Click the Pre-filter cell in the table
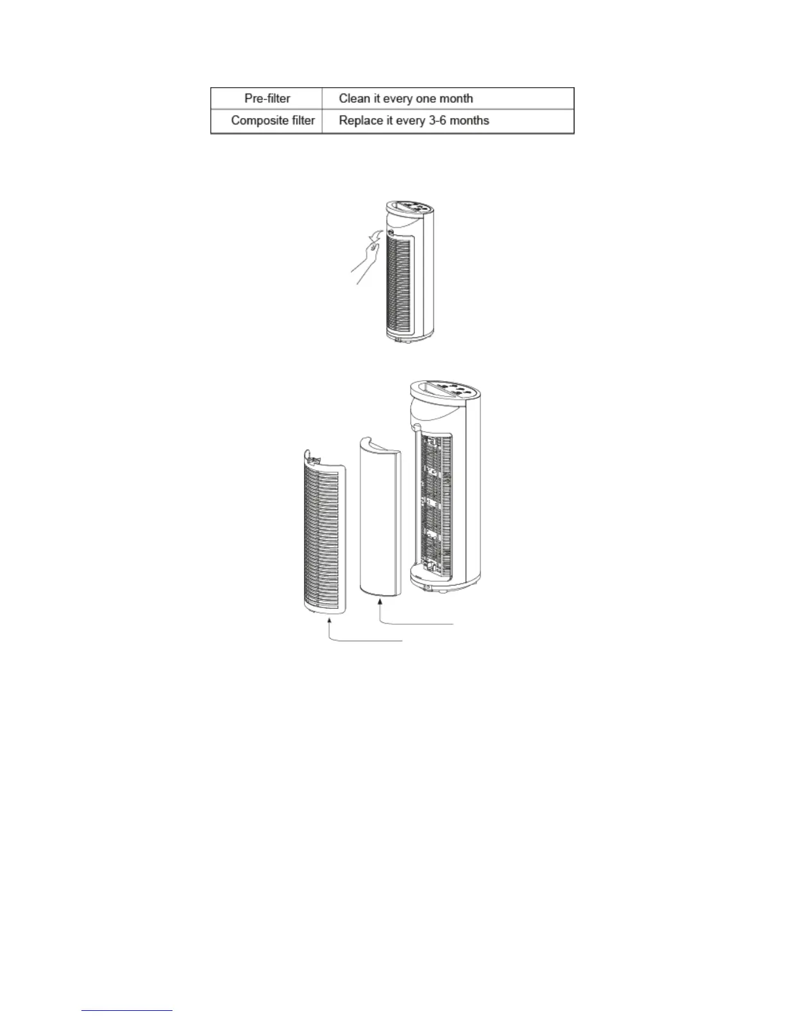pos(267,99)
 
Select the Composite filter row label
pos(273,121)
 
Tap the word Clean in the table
pos(354,99)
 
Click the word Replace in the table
pos(360,121)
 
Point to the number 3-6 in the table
pos(437,121)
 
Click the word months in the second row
pos(469,121)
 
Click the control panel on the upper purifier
pos(411,208)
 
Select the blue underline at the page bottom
pos(128,1011)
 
